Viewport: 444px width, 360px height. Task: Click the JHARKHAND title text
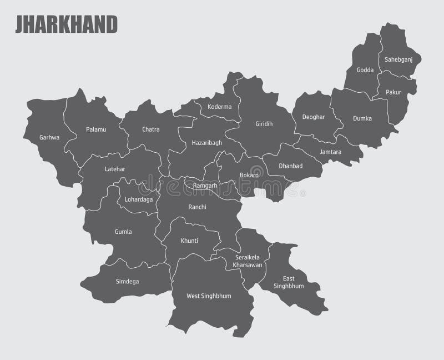[66, 25]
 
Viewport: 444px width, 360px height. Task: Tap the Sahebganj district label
[398, 59]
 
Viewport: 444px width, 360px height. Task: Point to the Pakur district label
[393, 92]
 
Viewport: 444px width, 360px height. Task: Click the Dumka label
[362, 118]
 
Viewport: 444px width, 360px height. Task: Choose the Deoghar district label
[314, 117]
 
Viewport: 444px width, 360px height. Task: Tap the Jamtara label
[331, 151]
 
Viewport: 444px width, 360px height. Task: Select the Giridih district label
[264, 123]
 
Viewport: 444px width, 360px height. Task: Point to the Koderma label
[220, 106]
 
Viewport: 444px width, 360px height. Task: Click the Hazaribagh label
[206, 142]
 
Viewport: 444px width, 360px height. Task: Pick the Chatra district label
[150, 129]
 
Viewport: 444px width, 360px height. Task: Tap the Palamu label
[96, 129]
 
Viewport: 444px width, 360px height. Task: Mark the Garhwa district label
[49, 137]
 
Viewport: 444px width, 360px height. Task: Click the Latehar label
[115, 168]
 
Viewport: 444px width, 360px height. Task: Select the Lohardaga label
[139, 198]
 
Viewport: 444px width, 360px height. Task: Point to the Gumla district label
[123, 232]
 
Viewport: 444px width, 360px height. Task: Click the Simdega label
[128, 282]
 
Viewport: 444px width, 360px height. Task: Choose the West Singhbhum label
[209, 296]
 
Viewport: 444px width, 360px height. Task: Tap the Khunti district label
[189, 241]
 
